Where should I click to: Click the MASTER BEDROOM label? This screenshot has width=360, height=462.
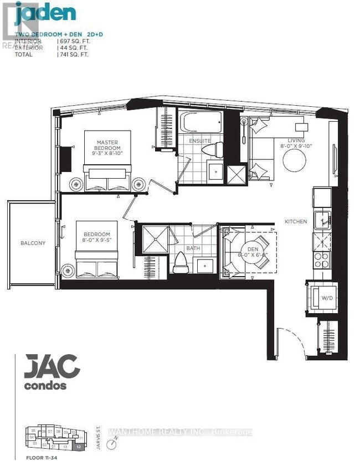107,146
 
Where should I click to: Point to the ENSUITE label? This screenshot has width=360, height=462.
200,141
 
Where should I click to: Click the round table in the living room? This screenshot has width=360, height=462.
294,161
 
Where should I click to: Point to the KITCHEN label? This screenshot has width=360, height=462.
296,221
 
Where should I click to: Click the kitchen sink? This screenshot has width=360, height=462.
322,220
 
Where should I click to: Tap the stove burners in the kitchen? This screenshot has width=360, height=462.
322,258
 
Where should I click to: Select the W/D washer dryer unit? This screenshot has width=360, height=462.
321,298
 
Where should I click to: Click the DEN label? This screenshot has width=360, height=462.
253,248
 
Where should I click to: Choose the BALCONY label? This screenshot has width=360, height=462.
33,243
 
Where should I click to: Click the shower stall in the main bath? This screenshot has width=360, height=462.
152,239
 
